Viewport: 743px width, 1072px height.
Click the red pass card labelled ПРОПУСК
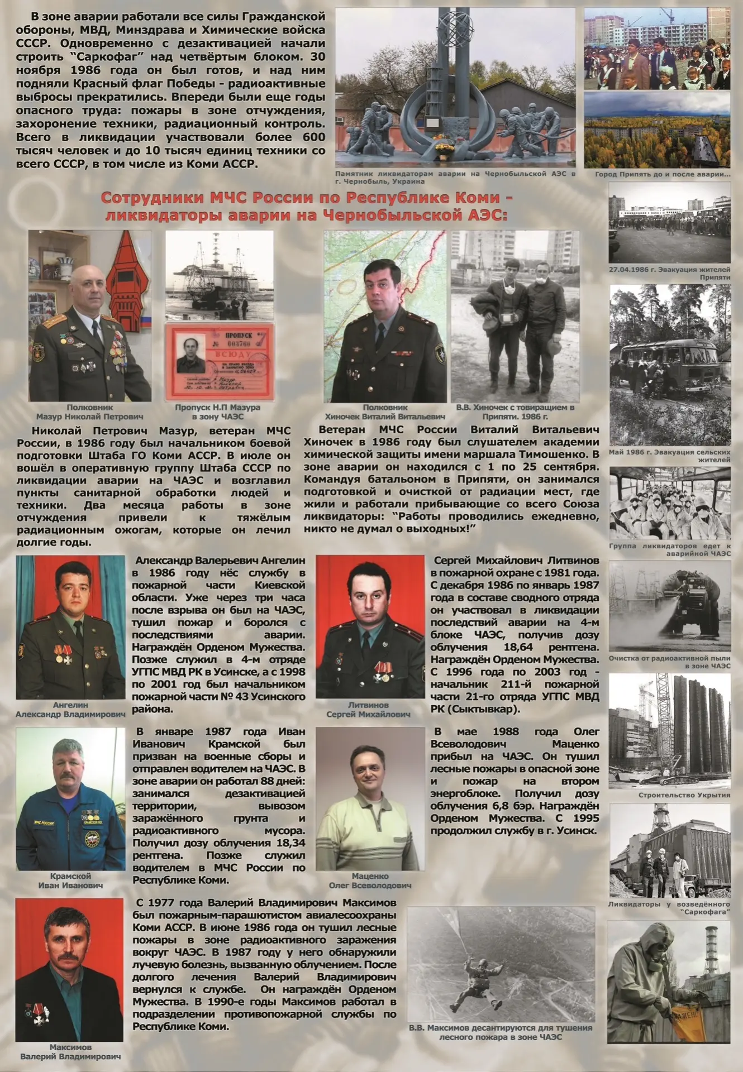pyautogui.click(x=220, y=362)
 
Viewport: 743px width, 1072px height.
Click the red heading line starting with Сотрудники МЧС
pyautogui.click(x=307, y=198)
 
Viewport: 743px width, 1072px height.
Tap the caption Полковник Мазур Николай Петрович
pyautogui.click(x=89, y=412)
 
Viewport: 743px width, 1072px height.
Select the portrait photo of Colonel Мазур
pyautogui.click(x=89, y=315)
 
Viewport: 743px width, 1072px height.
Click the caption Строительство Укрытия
pyautogui.click(x=684, y=795)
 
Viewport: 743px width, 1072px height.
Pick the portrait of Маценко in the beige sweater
pyautogui.click(x=370, y=799)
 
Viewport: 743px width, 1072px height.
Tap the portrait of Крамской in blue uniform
pyautogui.click(x=70, y=799)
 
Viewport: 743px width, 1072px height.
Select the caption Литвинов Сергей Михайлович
pyautogui.click(x=368, y=710)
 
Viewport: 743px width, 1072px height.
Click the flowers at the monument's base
pyautogui.click(x=445, y=146)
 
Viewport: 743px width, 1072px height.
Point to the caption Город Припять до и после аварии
pyautogui.click(x=662, y=174)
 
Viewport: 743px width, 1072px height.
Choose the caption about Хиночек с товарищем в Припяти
pyautogui.click(x=515, y=412)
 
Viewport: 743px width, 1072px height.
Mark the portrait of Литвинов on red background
pyautogui.click(x=370, y=626)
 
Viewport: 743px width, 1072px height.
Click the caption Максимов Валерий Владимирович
pyautogui.click(x=70, y=1052)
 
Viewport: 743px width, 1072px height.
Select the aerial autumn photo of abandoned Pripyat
pyautogui.click(x=657, y=130)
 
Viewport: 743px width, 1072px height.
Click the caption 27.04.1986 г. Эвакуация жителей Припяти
pyautogui.click(x=669, y=273)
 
